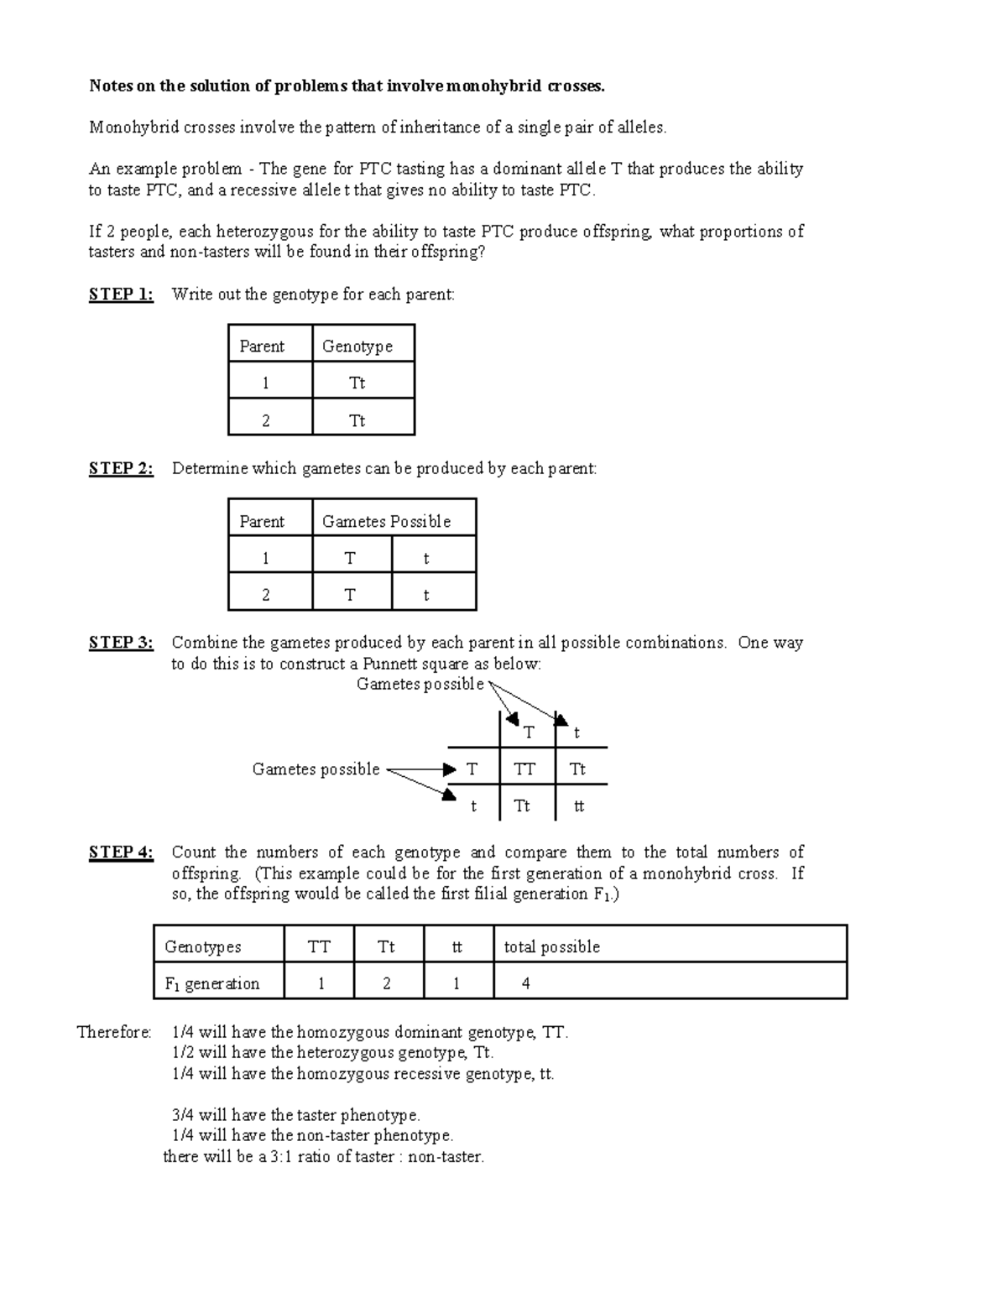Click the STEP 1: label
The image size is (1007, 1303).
[x=121, y=294]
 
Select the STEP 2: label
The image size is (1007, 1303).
[x=121, y=469]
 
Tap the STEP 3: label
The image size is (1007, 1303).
[x=121, y=644]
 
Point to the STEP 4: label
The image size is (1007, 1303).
[x=121, y=853]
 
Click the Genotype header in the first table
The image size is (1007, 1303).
[x=357, y=347]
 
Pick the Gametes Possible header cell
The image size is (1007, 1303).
[x=386, y=522]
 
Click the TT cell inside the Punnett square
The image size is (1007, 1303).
[x=525, y=769]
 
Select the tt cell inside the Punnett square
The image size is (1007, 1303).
[x=579, y=806]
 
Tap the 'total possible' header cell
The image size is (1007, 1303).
[x=551, y=947]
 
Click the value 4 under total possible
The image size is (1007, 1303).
[x=526, y=984]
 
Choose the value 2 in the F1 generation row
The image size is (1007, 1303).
[x=387, y=984]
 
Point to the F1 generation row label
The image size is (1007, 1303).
[x=211, y=984]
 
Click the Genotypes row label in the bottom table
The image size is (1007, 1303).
[x=202, y=947]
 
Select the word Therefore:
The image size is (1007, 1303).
[x=114, y=1032]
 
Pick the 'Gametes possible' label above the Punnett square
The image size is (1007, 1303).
[x=420, y=685]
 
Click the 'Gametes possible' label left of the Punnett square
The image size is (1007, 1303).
[x=316, y=769]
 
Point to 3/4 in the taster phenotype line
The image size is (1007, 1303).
[x=182, y=1116]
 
